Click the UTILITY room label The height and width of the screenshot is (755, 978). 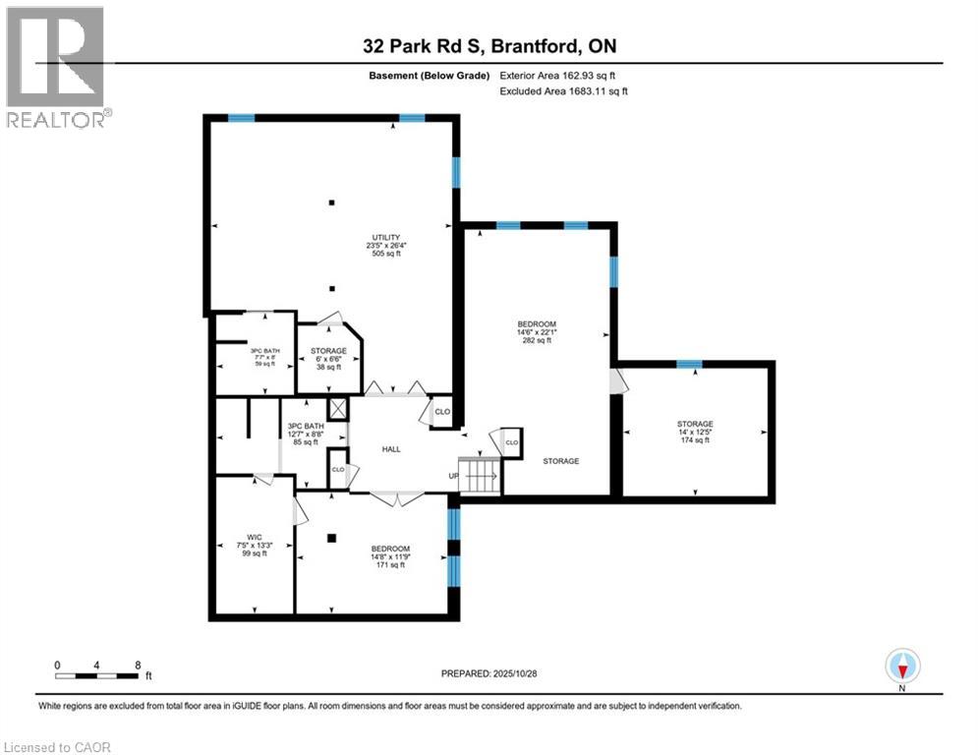pos(384,245)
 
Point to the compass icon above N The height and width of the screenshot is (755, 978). pos(901,666)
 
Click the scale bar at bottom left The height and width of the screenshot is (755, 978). pos(97,675)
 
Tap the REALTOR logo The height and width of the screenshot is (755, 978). pos(56,67)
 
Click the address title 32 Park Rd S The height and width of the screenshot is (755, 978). pos(489,46)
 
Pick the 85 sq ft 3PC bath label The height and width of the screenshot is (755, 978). pos(306,435)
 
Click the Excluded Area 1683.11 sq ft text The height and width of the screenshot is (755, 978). pos(563,91)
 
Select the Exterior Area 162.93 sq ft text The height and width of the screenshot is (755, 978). pos(558,75)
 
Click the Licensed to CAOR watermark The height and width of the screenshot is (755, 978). pos(58,747)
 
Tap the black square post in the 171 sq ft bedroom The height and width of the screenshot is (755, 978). pos(332,538)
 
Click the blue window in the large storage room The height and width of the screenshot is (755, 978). pos(690,365)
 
